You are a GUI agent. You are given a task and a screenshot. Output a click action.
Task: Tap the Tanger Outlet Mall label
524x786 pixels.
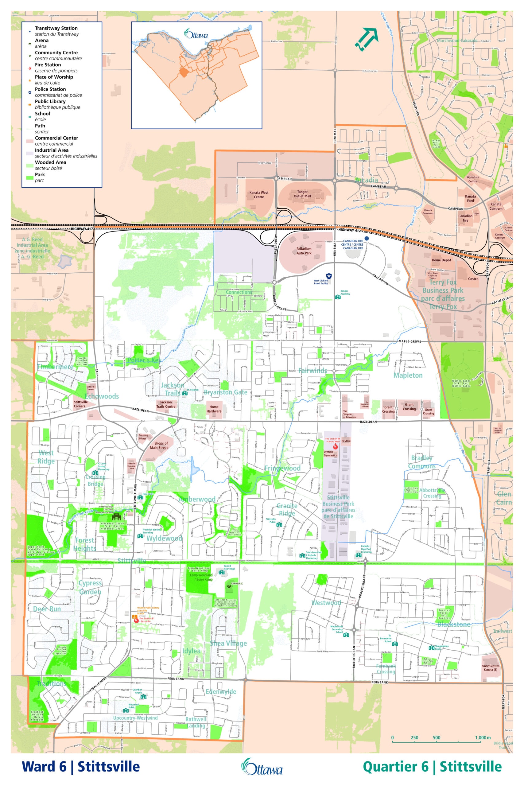(302, 194)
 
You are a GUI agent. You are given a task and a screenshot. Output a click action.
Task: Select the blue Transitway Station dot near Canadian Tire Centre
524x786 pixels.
(367, 238)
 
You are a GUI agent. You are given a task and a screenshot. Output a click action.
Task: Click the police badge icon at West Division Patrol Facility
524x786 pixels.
(329, 276)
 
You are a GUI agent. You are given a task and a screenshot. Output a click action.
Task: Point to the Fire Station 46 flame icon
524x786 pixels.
(336, 446)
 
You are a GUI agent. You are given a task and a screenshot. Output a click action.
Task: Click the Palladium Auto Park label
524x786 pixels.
(304, 251)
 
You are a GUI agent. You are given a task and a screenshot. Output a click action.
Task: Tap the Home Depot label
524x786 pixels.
(441, 260)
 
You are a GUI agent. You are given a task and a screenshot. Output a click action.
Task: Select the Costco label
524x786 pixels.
(473, 279)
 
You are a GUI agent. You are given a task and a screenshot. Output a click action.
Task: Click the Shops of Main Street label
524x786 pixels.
(159, 446)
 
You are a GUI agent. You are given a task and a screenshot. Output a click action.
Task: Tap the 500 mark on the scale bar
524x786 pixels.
(437, 737)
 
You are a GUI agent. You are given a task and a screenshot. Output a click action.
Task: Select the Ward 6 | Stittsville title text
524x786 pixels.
(80, 766)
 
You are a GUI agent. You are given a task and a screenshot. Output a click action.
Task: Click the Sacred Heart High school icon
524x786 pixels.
(221, 572)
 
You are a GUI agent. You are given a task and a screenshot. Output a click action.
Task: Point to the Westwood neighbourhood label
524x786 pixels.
(326, 603)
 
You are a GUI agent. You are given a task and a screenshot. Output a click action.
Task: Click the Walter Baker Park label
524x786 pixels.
(461, 383)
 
